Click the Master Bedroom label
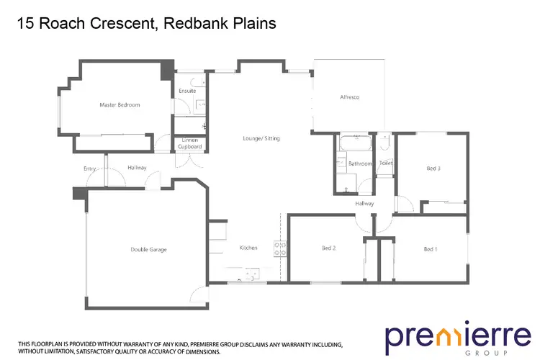click(x=120, y=105)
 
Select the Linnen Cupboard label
click(x=191, y=143)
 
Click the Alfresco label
click(x=350, y=96)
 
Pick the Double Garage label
click(x=148, y=249)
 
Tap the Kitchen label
click(x=248, y=248)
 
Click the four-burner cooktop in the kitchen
click(x=281, y=249)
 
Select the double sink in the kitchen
click(x=252, y=273)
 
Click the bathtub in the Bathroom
click(x=354, y=141)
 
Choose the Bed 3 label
click(x=433, y=168)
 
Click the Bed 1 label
click(x=431, y=249)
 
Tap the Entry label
click(x=90, y=168)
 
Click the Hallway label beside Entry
click(x=137, y=168)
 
